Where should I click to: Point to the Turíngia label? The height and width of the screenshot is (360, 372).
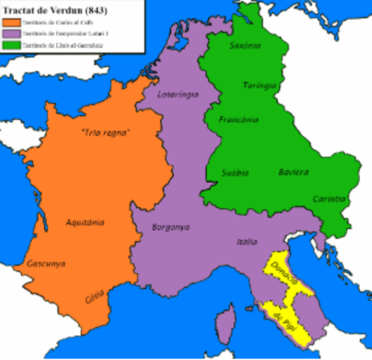pos(257,86)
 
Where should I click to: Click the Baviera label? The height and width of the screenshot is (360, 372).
pos(292,172)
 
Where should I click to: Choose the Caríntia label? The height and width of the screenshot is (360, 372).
pos(329,199)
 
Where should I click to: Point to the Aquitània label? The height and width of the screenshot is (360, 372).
pos(85,222)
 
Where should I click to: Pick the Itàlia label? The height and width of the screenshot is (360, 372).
pos(247,241)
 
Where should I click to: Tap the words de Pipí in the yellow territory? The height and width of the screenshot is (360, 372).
pos(283,317)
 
